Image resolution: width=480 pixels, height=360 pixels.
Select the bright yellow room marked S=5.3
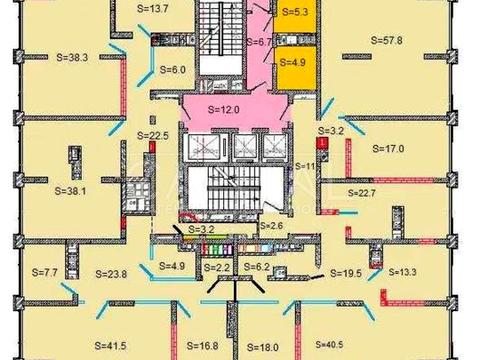pyautogui.click(x=297, y=15)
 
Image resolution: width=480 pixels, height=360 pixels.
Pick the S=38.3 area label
pyautogui.click(x=41, y=58)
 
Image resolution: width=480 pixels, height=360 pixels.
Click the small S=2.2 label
pyautogui.click(x=216, y=268)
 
